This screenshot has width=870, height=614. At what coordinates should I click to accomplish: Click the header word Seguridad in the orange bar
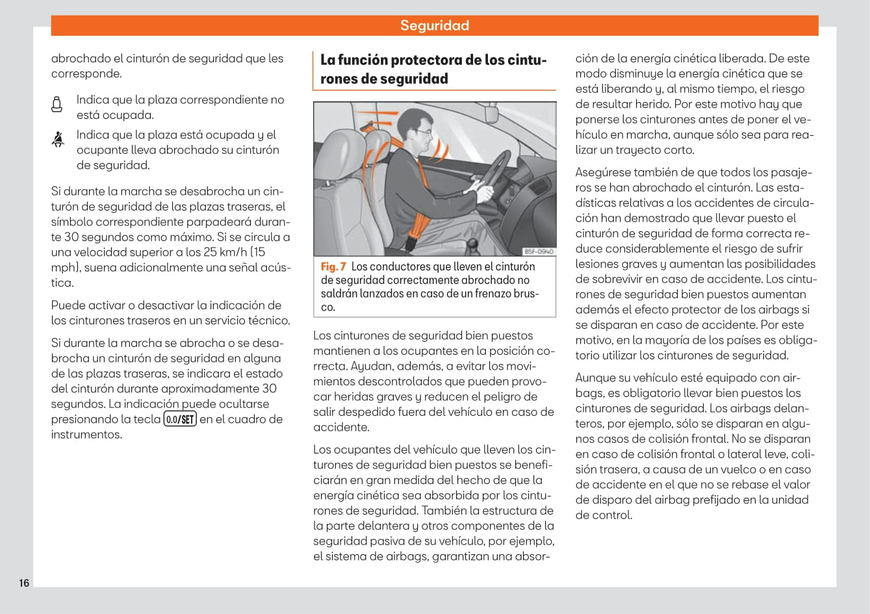[x=434, y=25]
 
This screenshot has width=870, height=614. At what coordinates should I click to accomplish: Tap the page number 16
[x=24, y=582]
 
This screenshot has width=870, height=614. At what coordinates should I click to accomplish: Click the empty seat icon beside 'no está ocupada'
[x=57, y=104]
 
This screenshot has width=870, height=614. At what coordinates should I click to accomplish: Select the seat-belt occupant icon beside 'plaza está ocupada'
[x=58, y=139]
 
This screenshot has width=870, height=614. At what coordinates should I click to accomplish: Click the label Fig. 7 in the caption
[x=333, y=266]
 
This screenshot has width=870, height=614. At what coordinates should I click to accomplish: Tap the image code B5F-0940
[x=539, y=251]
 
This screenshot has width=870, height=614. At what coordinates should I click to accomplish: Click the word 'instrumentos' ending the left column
[x=86, y=434]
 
